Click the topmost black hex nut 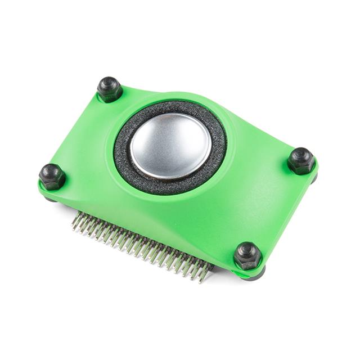point(110,89)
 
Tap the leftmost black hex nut point(52,177)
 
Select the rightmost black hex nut point(301,161)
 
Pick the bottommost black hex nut point(247,256)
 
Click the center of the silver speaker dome point(170,146)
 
